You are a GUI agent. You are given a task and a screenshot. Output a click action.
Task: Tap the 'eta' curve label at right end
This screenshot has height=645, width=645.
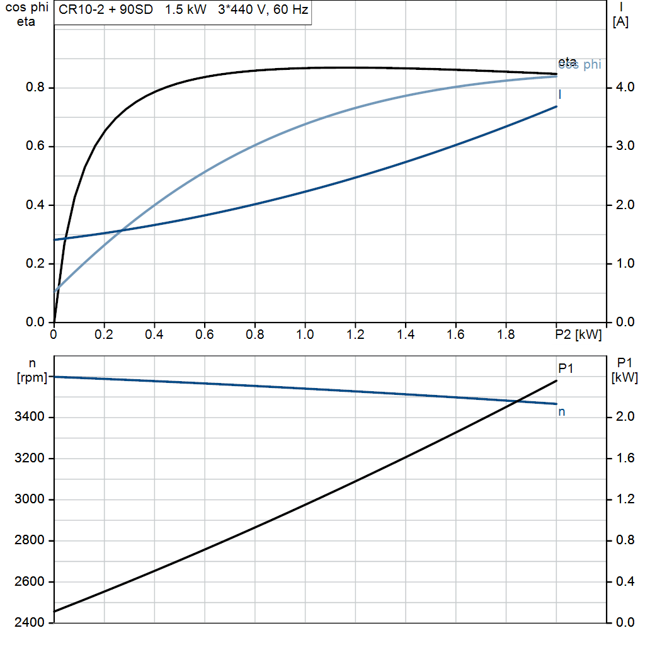pos(567,61)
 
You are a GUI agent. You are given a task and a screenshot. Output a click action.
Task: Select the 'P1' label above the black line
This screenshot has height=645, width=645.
pos(566,368)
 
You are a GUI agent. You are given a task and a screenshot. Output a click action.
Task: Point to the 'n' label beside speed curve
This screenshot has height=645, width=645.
pos(562,412)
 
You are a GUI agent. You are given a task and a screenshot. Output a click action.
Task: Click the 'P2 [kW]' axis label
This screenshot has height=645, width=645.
pos(578,335)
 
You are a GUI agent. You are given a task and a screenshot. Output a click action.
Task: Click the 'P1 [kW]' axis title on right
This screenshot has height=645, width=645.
pos(624,370)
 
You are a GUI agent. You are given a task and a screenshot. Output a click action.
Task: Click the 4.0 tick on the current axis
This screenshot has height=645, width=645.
pos(623,88)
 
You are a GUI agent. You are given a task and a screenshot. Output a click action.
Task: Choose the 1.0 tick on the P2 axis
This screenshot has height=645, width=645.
pos(305,335)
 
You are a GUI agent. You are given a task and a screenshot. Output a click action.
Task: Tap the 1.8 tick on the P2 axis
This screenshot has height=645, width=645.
pos(506,335)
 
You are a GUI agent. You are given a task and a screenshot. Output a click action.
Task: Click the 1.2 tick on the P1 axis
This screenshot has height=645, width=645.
pos(623,499)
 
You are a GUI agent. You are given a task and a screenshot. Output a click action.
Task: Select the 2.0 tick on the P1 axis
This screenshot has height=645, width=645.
pos(623,417)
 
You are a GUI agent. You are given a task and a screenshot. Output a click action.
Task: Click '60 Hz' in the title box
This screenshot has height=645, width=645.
pos(289,11)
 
